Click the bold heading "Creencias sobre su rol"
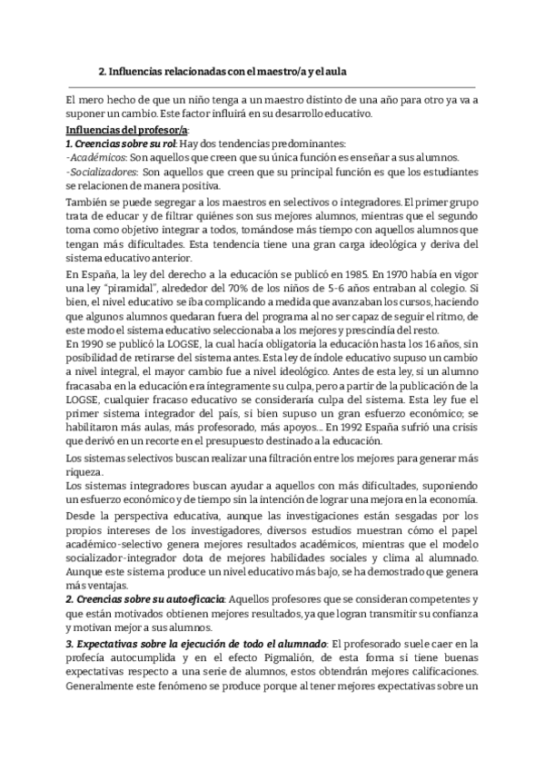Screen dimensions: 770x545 125,143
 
